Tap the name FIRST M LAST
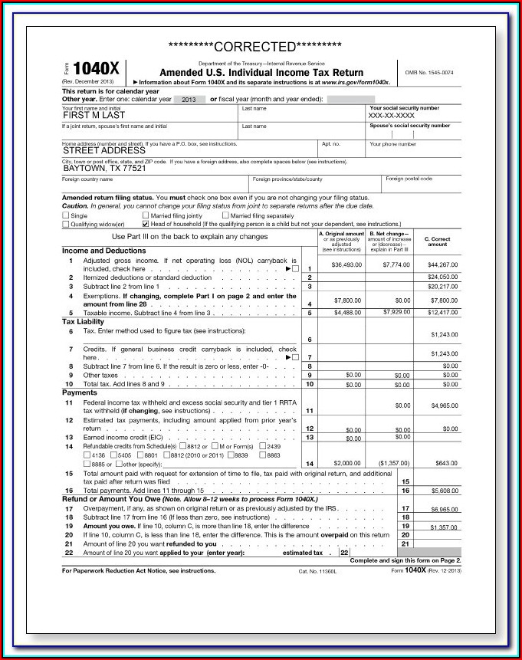[x=94, y=116]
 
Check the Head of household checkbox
[x=146, y=224]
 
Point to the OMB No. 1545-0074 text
[x=429, y=72]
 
